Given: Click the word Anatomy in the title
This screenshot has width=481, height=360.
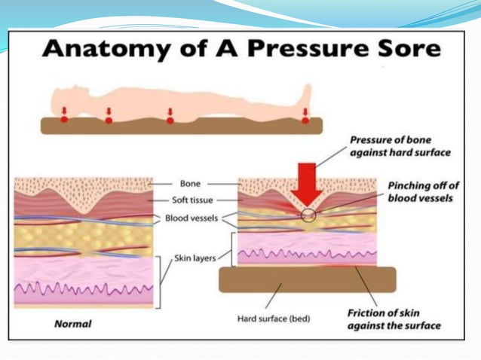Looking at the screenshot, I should (x=97, y=50).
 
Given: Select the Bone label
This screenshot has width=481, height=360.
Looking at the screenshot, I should (x=190, y=183).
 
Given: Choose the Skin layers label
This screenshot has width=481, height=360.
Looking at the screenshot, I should (x=195, y=258).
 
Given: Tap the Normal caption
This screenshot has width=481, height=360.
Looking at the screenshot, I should (x=73, y=325).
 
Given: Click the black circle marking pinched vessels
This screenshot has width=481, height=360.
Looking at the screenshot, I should (x=308, y=215).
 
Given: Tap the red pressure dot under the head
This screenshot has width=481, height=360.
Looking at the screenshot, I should (x=64, y=118).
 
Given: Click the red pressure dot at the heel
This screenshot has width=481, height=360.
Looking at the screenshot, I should (x=305, y=118).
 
